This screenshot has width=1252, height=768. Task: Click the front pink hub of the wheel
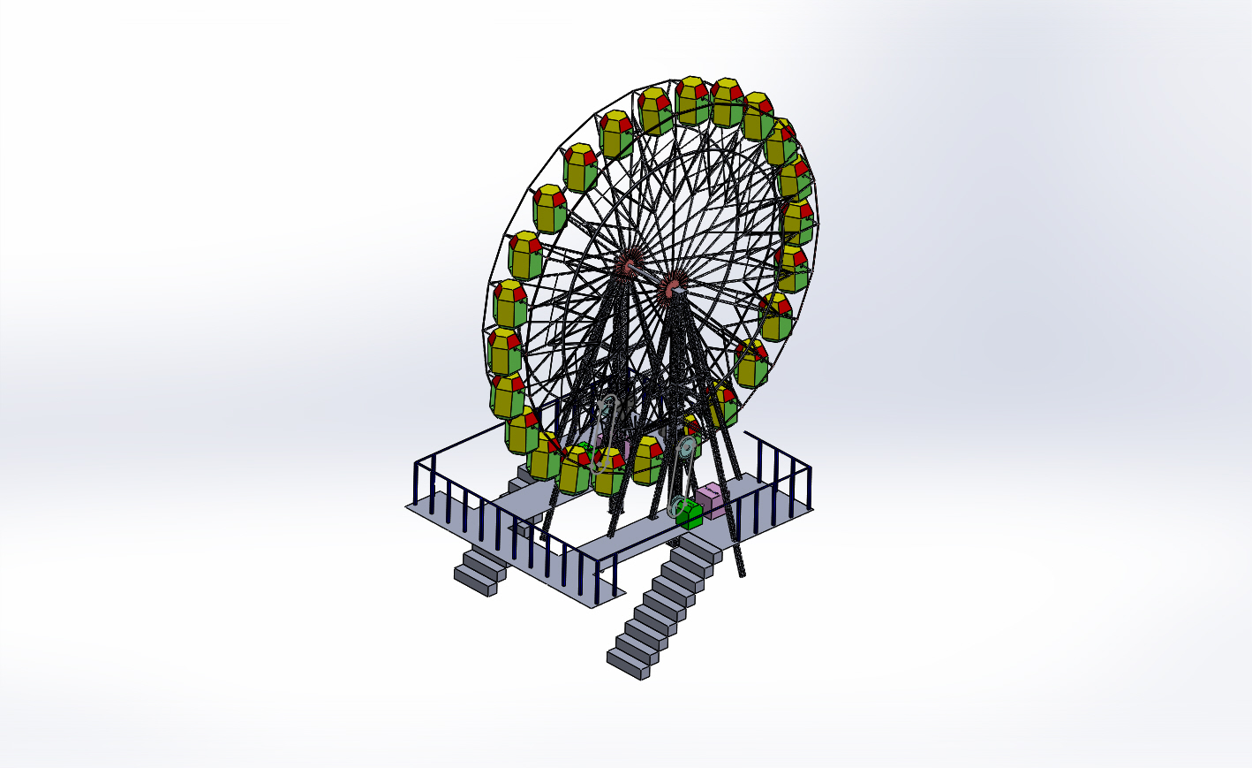[x=672, y=286]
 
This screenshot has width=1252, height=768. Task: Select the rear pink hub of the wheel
[x=629, y=264]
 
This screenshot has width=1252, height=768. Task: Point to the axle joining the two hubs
[x=651, y=275]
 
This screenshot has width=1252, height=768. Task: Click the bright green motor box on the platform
[x=690, y=516]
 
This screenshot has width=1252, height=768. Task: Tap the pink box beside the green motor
[x=712, y=499]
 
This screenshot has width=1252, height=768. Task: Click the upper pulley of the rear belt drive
[x=606, y=408]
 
